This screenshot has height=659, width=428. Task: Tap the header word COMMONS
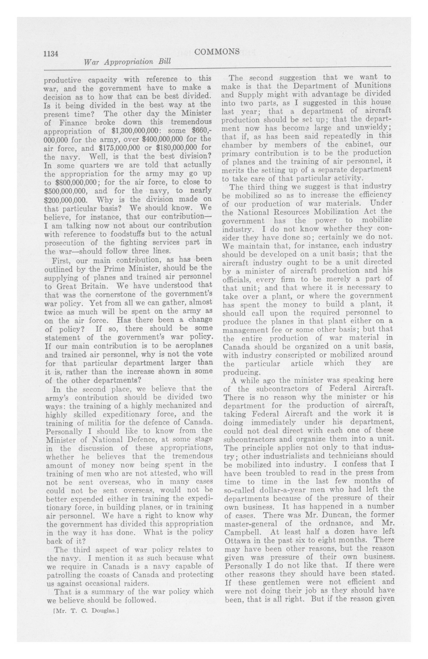pos(217,51)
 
